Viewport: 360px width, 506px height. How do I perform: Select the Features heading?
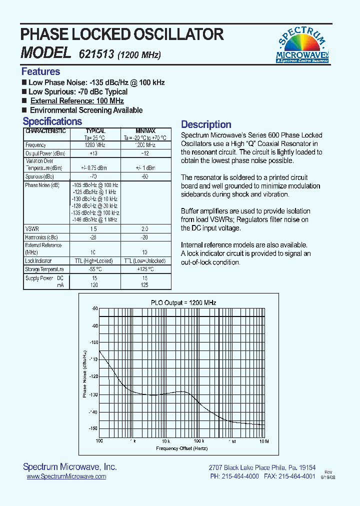tap(40, 71)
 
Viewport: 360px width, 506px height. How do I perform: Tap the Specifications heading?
tap(52, 121)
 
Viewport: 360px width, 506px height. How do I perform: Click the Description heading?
tap(206, 124)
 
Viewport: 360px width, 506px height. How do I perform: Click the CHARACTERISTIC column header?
tap(45, 131)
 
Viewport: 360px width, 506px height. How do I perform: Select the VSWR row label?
tap(31, 228)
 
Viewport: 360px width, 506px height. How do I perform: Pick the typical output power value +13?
tap(93, 153)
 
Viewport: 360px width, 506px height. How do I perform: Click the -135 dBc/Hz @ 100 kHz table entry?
tap(94, 213)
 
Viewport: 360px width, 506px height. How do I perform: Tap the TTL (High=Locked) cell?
tap(93, 261)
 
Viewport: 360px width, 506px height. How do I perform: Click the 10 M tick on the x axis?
tap(263, 441)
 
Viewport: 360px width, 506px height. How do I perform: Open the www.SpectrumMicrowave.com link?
tap(66, 476)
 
